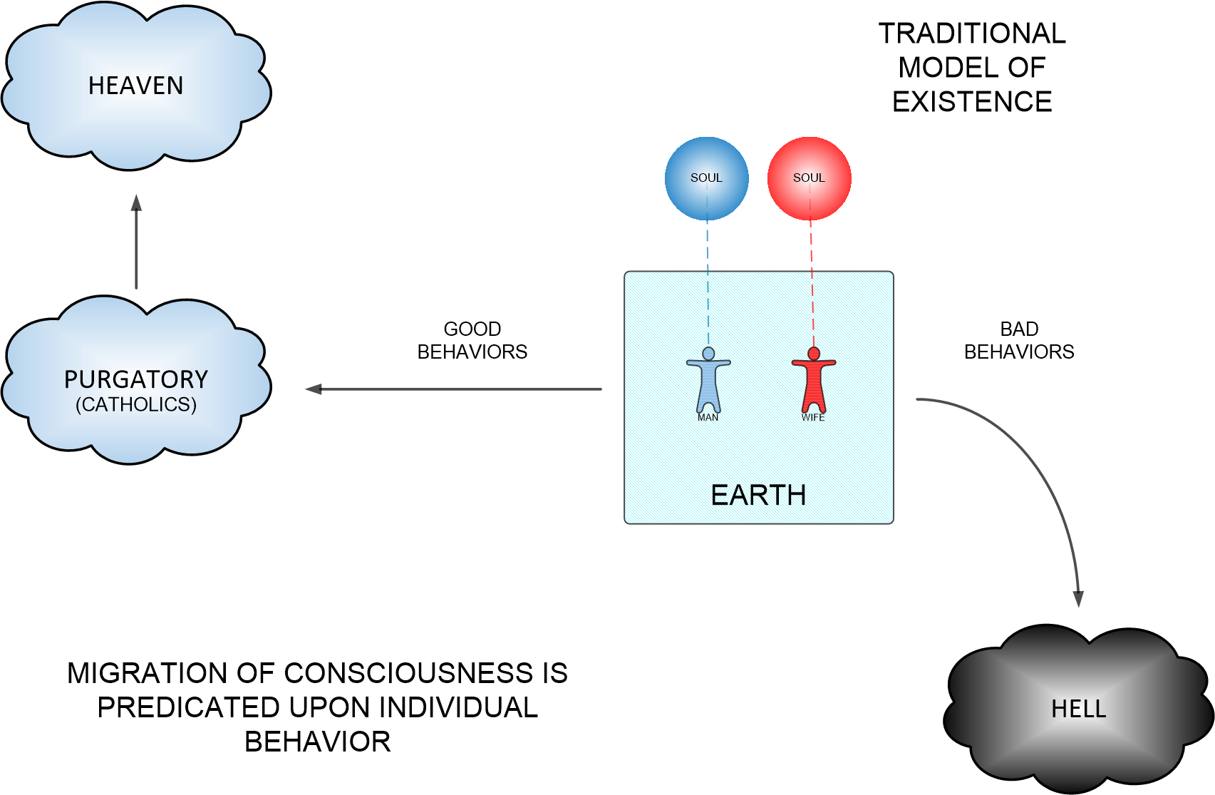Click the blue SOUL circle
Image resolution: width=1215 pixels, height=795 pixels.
tap(706, 178)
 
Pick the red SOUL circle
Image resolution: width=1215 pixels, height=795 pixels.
tap(809, 178)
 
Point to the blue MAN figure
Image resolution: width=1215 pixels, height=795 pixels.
tap(708, 381)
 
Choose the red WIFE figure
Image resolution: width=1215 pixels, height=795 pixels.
tap(813, 381)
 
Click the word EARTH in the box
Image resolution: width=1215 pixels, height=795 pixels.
tap(758, 495)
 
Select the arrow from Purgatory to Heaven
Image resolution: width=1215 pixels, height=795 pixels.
tap(136, 242)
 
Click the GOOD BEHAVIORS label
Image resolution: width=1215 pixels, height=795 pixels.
tap(472, 340)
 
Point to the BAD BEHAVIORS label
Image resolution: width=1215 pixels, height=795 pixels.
tap(1019, 340)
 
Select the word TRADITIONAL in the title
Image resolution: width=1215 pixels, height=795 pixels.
tap(972, 34)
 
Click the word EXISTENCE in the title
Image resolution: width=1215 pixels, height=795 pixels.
tap(972, 102)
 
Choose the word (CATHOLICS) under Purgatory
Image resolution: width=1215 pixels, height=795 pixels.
tap(136, 404)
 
